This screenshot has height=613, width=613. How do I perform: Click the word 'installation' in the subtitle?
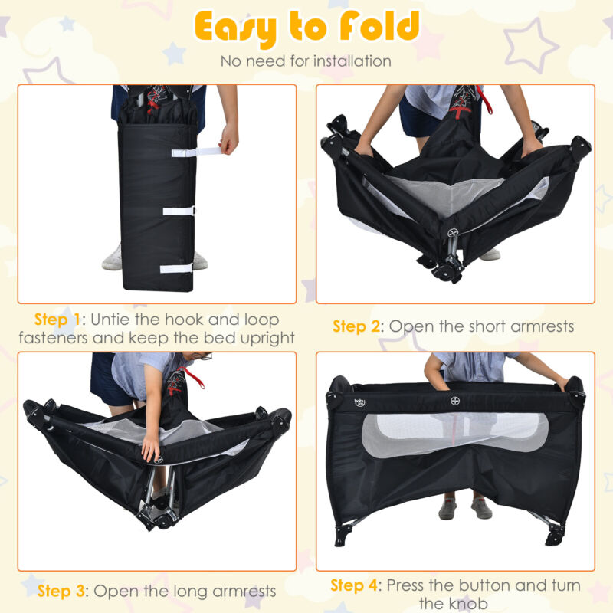pos(352,61)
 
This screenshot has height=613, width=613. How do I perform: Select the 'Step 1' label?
pos(57,320)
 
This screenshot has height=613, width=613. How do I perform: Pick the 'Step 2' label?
pos(356,326)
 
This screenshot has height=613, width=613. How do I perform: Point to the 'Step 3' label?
pos(61,591)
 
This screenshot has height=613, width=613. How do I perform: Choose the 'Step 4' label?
pos(354,585)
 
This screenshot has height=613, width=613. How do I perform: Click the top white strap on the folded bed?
pos(195,152)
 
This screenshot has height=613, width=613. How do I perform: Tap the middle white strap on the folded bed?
pos(179,211)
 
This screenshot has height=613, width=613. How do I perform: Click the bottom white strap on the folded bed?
pos(176,268)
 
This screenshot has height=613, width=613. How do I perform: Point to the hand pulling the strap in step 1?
pos(228,139)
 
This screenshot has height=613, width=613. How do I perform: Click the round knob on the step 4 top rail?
pos(455,401)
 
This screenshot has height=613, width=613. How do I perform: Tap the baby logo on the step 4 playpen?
pos(359,403)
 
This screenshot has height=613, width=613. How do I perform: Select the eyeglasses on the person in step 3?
pos(203,356)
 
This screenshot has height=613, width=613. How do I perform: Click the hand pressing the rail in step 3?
pos(150,447)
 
